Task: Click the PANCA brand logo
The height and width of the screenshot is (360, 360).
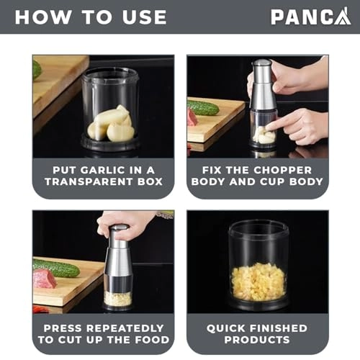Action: click(x=310, y=16)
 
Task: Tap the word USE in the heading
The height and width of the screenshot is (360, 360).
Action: click(x=142, y=17)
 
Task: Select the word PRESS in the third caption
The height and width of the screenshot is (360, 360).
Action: click(x=68, y=328)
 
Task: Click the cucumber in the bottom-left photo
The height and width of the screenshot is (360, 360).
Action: click(x=58, y=268)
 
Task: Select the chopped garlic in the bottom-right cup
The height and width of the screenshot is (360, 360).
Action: click(x=258, y=281)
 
